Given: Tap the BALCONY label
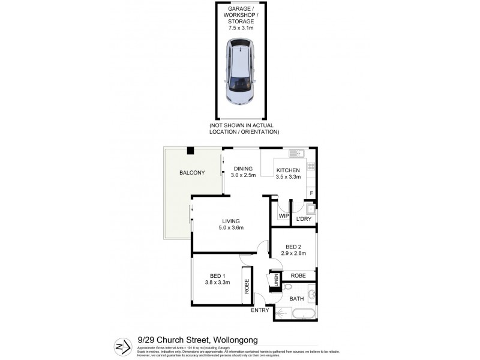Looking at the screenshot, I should pos(192,173).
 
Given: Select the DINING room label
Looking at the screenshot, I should pos(243,169).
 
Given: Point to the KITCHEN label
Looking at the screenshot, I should pos(287,170).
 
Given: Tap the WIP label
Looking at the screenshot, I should pos(283,217).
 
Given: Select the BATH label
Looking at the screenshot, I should pos(296,298).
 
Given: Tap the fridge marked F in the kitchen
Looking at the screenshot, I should pos(311,192).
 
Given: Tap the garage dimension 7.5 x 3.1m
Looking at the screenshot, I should pos(241,28).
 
